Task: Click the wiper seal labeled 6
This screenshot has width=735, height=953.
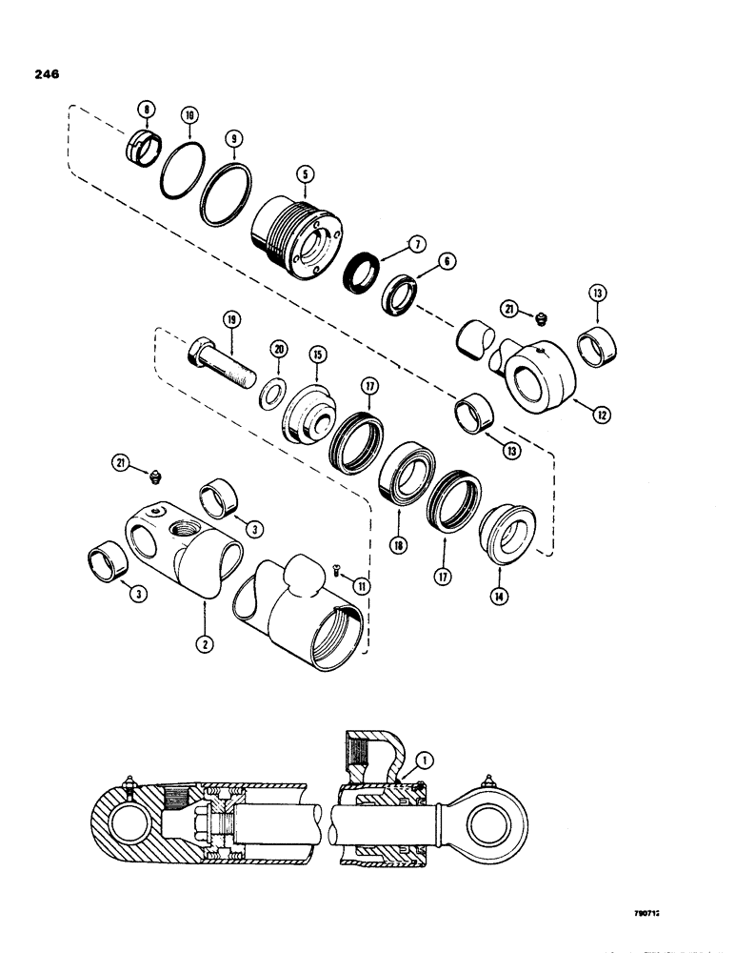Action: (403, 294)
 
